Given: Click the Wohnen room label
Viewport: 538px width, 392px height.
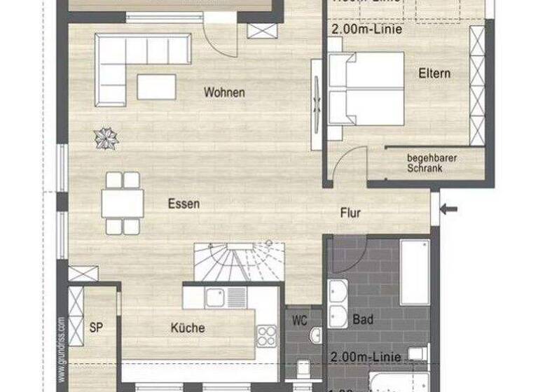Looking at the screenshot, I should coord(224,92).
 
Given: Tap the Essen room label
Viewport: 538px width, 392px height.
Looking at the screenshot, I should coord(184,204).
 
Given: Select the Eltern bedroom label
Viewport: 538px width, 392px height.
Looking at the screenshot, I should coord(434,73).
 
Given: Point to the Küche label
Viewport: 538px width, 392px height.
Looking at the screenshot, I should coord(188,328).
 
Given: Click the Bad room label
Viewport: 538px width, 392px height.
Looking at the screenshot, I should coord(363,320).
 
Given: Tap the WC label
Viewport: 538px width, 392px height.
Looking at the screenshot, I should coord(300,321).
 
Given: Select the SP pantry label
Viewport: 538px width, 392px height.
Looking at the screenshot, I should coord(97,327).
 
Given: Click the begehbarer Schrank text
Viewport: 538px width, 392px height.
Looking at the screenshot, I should coord(432,163).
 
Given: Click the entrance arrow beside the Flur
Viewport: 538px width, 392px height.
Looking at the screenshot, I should coord(449,207).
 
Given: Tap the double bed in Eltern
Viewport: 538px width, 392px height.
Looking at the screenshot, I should coord(366,88).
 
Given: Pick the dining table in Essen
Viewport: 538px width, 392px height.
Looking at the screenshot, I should coord(123,204).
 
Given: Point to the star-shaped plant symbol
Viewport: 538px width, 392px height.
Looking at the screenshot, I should coord(106,137).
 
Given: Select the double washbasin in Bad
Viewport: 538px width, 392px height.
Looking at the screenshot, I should coord(338,305).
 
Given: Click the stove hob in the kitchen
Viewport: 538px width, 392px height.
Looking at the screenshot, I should coord(267,335).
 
